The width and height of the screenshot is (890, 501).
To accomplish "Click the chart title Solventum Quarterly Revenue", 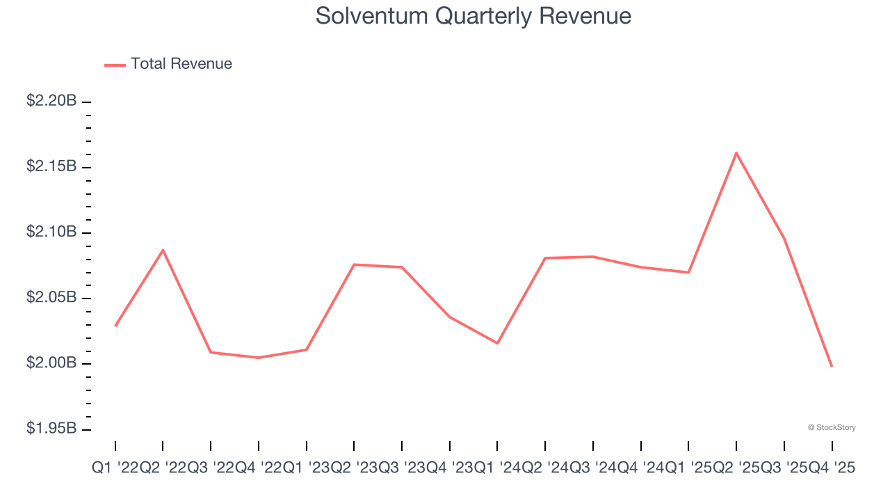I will point(474,15).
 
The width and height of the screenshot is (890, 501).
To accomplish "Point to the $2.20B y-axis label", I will point(51,101).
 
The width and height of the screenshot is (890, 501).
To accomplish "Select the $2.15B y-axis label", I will point(51,166).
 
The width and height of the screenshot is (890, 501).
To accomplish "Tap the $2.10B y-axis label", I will point(51,232).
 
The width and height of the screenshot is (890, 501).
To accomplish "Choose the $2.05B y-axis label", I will point(51,298).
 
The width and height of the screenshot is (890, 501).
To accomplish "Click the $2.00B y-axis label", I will point(51,363).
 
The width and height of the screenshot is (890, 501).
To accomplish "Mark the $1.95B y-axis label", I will point(51,429).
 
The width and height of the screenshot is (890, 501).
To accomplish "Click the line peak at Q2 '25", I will point(736,153).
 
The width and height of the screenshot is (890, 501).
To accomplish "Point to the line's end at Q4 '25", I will point(832,366).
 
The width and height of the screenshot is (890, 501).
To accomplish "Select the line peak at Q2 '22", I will point(163,250).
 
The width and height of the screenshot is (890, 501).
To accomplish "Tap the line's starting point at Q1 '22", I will point(115,326).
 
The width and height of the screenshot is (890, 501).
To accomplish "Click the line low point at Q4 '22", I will point(259,358).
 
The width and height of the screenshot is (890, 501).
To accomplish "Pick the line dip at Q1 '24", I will point(497,343).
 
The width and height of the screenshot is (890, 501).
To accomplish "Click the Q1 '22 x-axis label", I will point(115,469).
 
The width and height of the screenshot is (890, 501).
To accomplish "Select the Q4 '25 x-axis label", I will point(832,469).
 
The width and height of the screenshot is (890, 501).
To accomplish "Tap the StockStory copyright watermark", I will point(832,427).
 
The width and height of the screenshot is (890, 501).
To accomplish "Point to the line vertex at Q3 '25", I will point(784,238).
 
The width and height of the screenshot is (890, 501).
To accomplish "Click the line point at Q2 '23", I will point(354,264).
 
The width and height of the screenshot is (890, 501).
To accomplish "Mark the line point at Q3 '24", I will point(592,257).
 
